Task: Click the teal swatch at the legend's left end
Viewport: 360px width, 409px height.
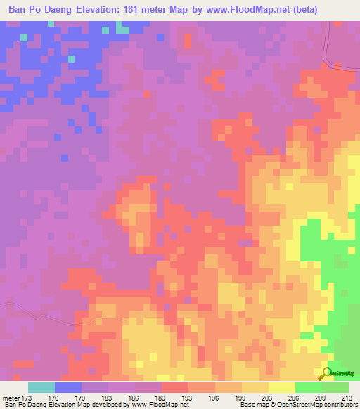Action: (x=41, y=387)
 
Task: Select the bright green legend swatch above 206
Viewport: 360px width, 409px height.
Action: (x=308, y=387)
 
